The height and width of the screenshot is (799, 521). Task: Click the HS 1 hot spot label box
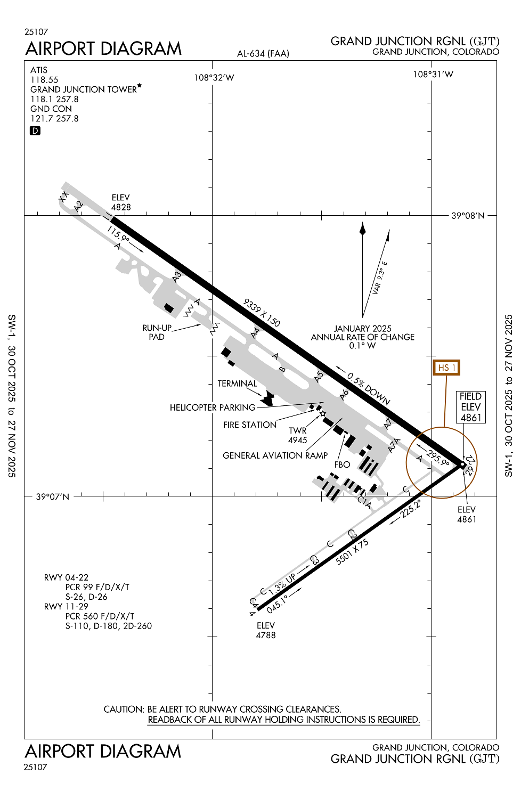click(x=446, y=368)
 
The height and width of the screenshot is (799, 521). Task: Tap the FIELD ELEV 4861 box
click(x=470, y=407)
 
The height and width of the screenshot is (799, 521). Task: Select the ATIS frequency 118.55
click(x=44, y=80)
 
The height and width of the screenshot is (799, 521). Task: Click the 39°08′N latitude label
click(x=468, y=216)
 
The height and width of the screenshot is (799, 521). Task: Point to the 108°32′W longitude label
click(x=214, y=78)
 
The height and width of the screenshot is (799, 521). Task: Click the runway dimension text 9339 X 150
click(x=262, y=313)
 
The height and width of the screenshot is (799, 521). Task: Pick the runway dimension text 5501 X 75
click(x=352, y=552)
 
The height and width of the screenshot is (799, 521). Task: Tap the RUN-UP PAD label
click(x=157, y=332)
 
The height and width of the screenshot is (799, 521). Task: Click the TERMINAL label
click(x=237, y=384)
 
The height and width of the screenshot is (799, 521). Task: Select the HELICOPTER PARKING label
click(x=213, y=407)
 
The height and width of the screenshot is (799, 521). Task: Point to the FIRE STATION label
click(x=250, y=425)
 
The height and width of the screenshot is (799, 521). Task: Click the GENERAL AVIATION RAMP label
click(x=275, y=455)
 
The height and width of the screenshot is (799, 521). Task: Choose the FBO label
click(x=342, y=464)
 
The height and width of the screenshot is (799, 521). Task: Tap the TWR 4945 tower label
click(x=298, y=435)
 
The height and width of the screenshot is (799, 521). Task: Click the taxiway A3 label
click(x=177, y=276)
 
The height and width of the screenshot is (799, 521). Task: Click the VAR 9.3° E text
click(x=380, y=278)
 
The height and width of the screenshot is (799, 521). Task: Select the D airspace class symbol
click(x=35, y=131)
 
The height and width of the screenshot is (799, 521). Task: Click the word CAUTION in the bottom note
click(x=124, y=709)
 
